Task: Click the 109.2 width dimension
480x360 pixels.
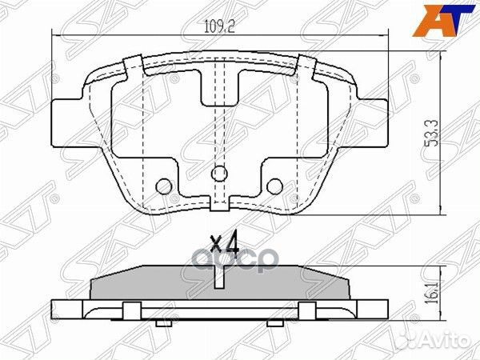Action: pyautogui.click(x=219, y=28)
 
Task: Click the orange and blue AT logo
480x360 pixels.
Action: pyautogui.click(x=443, y=21)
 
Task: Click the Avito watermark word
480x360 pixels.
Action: pyautogui.click(x=442, y=341)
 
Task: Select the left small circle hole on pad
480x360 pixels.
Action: pyautogui.click(x=164, y=186)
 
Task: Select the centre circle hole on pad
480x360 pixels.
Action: pyautogui.click(x=219, y=174)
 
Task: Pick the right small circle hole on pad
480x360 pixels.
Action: pyautogui.click(x=274, y=186)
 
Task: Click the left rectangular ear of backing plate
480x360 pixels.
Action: pyautogui.click(x=66, y=122)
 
